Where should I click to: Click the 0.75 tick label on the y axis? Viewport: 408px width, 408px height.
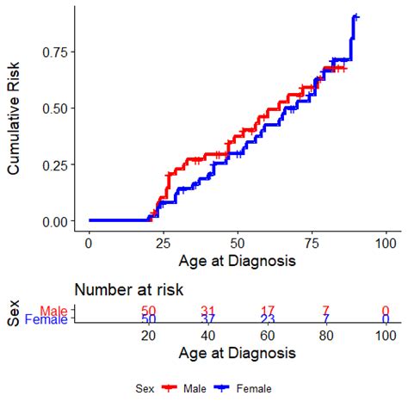[57, 53]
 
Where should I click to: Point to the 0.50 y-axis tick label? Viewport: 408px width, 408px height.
[57, 108]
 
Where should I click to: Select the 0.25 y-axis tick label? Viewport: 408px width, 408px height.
[57, 165]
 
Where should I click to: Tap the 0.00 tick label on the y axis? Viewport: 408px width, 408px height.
[57, 221]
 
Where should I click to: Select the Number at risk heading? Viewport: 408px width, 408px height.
[129, 290]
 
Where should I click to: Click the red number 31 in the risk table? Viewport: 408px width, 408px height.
[207, 311]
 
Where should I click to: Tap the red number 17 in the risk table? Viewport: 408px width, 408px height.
[267, 311]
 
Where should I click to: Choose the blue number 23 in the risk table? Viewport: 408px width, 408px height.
[267, 320]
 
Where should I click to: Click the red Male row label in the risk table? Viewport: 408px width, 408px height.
[53, 311]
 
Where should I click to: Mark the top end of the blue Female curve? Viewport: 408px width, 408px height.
[355, 16]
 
